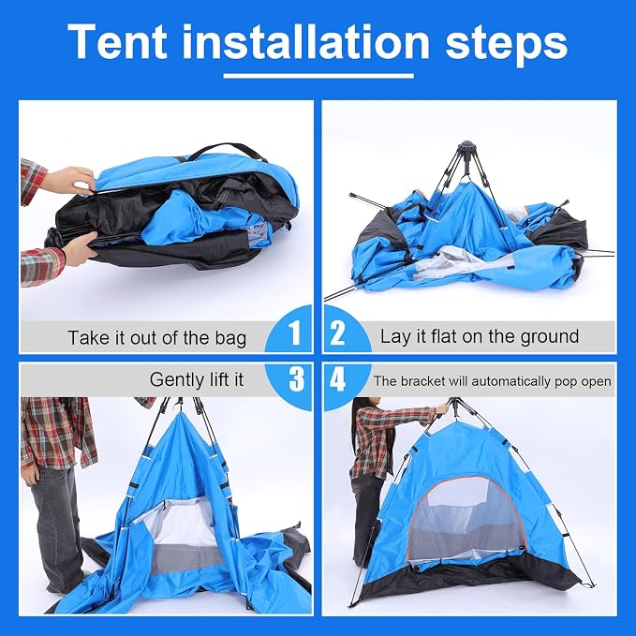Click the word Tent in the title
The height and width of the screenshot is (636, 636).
click(117, 41)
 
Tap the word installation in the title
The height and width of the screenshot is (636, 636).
click(306, 41)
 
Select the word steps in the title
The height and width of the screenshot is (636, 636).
click(506, 45)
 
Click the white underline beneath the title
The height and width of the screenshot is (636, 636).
click(318, 76)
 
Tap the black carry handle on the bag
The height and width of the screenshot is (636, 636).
click(229, 151)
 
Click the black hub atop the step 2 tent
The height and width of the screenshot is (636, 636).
click(467, 147)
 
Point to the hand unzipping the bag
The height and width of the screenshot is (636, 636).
click(72, 180)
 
